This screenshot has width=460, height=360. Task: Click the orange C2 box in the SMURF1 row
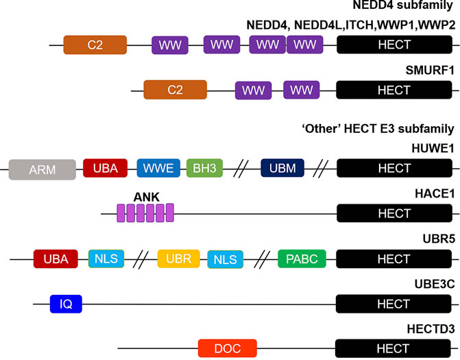175,91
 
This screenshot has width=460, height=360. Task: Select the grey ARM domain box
42,169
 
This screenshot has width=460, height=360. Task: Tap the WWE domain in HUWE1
158,169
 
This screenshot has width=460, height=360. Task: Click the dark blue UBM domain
282,169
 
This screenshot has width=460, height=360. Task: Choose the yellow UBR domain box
178,259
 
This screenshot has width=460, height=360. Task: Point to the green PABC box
302,259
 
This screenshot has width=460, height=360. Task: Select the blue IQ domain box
66,304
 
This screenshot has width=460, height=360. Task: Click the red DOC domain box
227,348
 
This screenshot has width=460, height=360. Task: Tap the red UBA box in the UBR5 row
56,259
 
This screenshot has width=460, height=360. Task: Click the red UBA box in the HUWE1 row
106,169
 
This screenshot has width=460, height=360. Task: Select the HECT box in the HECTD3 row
394,348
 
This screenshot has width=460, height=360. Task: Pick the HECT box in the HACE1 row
394,214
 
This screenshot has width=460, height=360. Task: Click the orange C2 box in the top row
95,45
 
